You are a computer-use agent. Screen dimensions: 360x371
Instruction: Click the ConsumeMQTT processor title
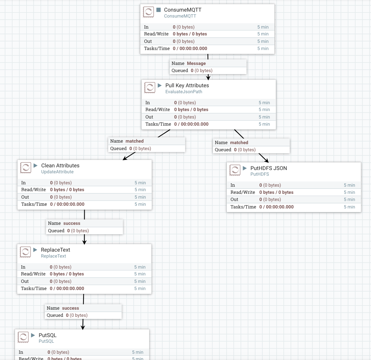(x=183, y=10)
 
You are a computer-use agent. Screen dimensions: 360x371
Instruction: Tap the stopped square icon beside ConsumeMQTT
(x=159, y=10)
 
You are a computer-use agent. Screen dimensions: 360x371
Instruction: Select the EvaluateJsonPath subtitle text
(x=184, y=92)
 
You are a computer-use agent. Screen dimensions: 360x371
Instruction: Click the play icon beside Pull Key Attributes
(x=160, y=85)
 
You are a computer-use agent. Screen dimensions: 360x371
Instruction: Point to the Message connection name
(x=196, y=63)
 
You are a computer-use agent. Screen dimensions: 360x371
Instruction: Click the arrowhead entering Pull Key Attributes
(x=208, y=77)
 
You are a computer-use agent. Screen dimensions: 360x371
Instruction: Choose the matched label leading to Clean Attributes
(x=135, y=141)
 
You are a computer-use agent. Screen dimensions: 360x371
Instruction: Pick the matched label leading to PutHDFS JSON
(x=239, y=143)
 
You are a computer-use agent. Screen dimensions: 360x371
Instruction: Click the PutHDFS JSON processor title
(x=269, y=168)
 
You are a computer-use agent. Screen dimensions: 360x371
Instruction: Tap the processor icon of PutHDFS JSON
(x=235, y=170)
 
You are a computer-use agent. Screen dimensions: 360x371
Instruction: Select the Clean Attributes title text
(x=60, y=166)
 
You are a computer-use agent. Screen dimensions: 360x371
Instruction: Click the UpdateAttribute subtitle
(x=57, y=172)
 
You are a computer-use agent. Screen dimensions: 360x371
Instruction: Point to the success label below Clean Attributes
(x=72, y=223)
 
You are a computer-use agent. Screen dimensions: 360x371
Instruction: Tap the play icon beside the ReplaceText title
(x=35, y=250)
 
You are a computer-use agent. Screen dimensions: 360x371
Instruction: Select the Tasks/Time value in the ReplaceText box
(x=67, y=289)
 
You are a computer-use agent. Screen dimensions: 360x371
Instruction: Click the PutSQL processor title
(x=47, y=335)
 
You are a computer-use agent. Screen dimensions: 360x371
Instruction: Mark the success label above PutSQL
(x=71, y=308)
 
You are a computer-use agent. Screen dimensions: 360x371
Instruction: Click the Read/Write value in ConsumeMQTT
(x=190, y=34)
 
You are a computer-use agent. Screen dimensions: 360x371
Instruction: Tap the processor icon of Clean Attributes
(x=26, y=168)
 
